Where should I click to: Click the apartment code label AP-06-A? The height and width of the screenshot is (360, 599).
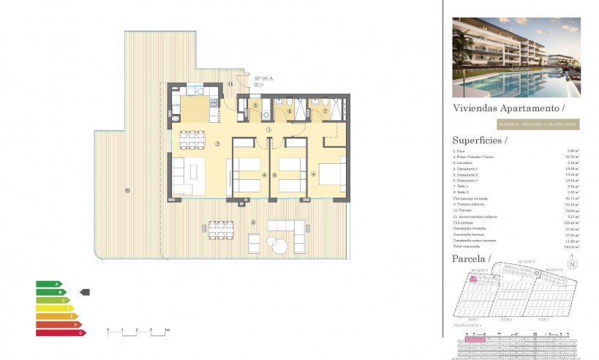click(263, 78)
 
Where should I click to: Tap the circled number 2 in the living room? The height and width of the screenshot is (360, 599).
click(217, 143)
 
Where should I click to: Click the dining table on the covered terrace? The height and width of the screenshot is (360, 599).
click(220, 230)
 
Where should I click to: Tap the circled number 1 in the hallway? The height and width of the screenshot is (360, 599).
click(269, 130)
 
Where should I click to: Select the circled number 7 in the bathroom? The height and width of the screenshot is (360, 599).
click(326, 112)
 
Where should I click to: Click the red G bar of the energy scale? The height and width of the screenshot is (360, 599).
click(60, 333)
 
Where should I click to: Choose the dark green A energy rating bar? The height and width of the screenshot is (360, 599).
click(47, 283)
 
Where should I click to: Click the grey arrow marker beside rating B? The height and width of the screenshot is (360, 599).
click(84, 292)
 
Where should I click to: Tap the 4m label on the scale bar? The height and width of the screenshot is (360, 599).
click(167, 331)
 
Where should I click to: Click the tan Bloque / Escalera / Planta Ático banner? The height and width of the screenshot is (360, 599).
click(538, 124)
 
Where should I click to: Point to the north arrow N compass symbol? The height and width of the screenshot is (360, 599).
click(573, 264)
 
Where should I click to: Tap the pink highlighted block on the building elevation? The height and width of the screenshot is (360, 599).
click(475, 339)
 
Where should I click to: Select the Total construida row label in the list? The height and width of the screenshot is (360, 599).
click(469, 247)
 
